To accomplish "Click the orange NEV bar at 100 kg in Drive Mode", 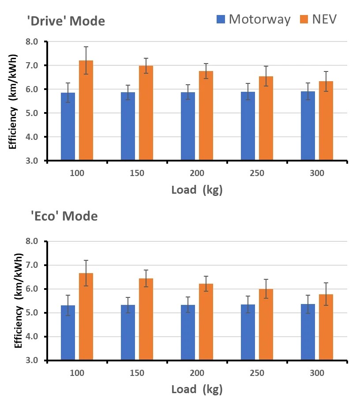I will pyautogui.click(x=86, y=110).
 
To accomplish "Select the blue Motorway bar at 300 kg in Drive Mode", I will pyautogui.click(x=308, y=126).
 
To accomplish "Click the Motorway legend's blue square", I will pyautogui.click(x=221, y=19).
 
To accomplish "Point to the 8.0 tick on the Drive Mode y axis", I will pyautogui.click(x=33, y=42).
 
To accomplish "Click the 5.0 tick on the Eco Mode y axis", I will pyautogui.click(x=33, y=313).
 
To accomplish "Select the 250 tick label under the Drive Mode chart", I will pyautogui.click(x=257, y=173).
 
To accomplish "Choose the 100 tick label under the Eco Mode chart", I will pyautogui.click(x=77, y=373).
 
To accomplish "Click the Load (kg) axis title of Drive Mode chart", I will pyautogui.click(x=197, y=190).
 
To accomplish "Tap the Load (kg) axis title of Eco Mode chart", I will pyautogui.click(x=197, y=390).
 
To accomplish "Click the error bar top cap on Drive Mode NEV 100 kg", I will pyautogui.click(x=86, y=47).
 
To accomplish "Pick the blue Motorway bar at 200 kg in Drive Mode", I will pyautogui.click(x=188, y=126).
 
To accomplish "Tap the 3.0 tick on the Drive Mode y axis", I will pyautogui.click(x=33, y=161).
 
